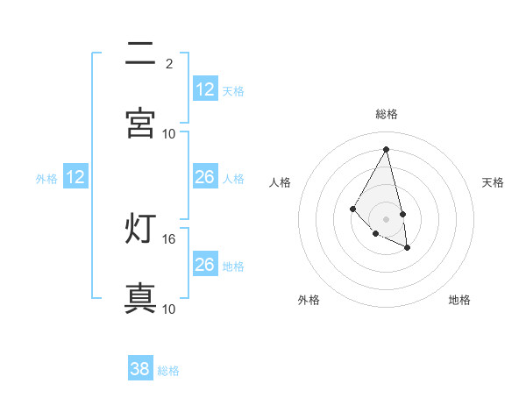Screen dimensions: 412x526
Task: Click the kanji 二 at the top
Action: click(141, 54)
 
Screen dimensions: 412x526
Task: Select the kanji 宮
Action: click(141, 124)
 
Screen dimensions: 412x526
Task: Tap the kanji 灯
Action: click(141, 229)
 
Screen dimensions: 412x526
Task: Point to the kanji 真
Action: click(141, 298)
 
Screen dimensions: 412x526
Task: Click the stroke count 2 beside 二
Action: click(168, 63)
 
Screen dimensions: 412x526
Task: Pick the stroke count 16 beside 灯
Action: click(168, 238)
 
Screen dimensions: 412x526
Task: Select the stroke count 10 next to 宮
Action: click(168, 133)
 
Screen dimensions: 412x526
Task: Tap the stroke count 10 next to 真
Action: click(168, 309)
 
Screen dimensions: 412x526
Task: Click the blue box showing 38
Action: click(140, 369)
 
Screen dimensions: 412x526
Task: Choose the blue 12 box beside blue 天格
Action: click(204, 89)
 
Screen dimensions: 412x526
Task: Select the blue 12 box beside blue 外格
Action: click(75, 177)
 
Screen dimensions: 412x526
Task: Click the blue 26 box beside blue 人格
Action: click(204, 177)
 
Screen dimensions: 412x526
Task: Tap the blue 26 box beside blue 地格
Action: click(204, 265)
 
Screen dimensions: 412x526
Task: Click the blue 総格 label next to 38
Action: click(168, 371)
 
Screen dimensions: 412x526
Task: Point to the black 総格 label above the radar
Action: click(387, 114)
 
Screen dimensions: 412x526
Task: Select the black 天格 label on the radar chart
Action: click(493, 182)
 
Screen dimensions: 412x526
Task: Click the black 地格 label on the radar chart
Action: click(459, 300)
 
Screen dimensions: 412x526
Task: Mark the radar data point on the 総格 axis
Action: click(387, 150)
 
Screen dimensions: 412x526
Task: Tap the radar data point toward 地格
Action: click(408, 248)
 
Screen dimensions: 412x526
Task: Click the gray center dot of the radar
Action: click(386, 218)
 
